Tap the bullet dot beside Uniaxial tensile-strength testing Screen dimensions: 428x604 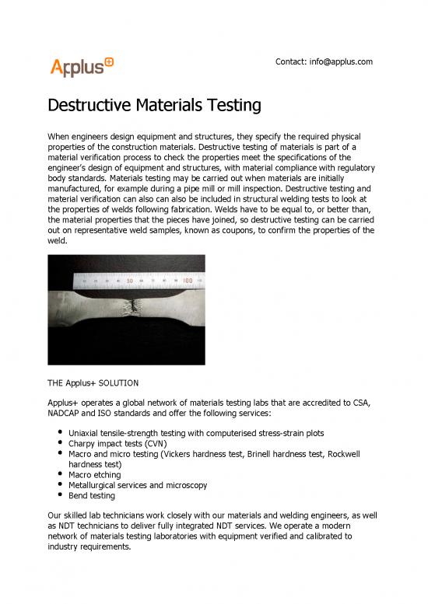(x=59, y=432)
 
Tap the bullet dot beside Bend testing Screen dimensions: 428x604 (x=59, y=495)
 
